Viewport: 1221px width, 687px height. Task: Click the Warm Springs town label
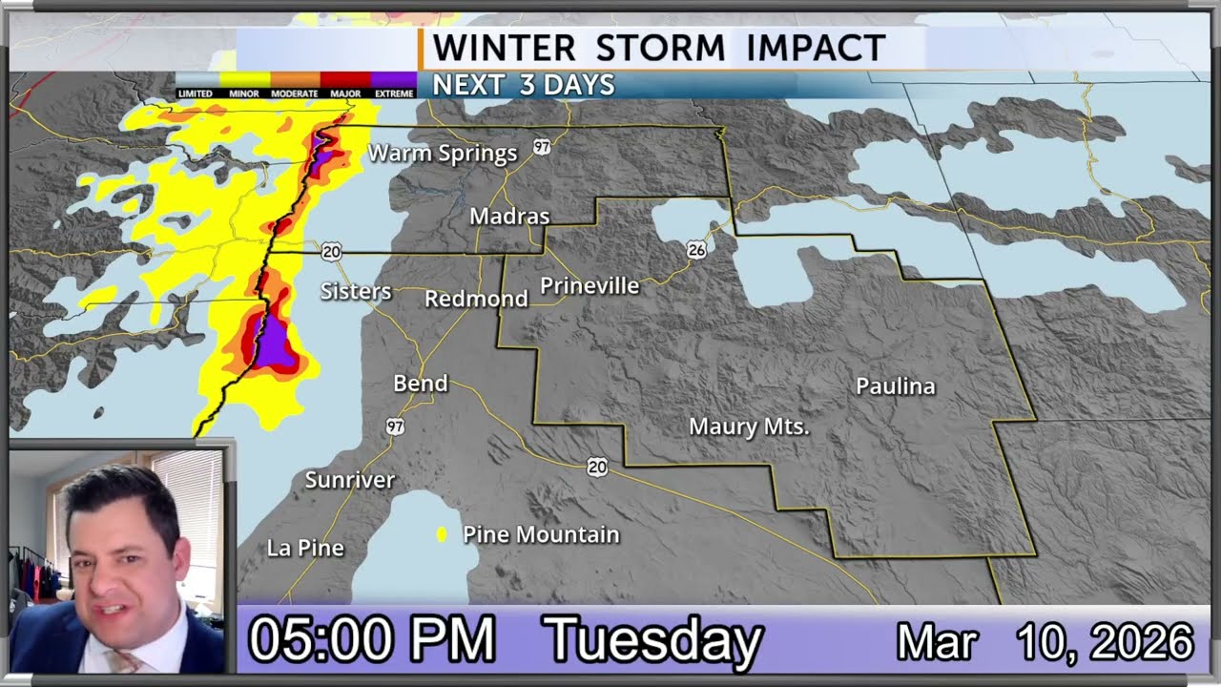point(442,153)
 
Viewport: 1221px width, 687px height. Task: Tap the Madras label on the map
point(509,217)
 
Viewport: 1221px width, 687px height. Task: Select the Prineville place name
point(590,286)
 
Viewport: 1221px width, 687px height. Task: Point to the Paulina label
point(895,386)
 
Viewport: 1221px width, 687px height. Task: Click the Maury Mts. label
point(749,427)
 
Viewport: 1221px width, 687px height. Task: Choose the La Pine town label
point(305,548)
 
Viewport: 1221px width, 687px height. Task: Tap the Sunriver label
point(349,480)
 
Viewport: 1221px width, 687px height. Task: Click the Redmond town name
point(476,299)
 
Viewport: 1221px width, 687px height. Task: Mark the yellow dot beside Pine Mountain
point(442,534)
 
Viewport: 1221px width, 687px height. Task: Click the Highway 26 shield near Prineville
point(696,250)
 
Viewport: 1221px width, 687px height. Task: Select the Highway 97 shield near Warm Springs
point(542,147)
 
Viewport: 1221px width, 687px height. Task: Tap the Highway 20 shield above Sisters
point(331,252)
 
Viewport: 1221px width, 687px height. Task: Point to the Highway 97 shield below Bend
point(395,427)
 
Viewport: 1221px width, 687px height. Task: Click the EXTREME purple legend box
point(393,85)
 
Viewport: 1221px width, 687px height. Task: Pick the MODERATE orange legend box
point(295,85)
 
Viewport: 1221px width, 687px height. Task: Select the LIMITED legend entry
point(197,85)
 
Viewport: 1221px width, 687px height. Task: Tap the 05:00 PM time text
point(371,640)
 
